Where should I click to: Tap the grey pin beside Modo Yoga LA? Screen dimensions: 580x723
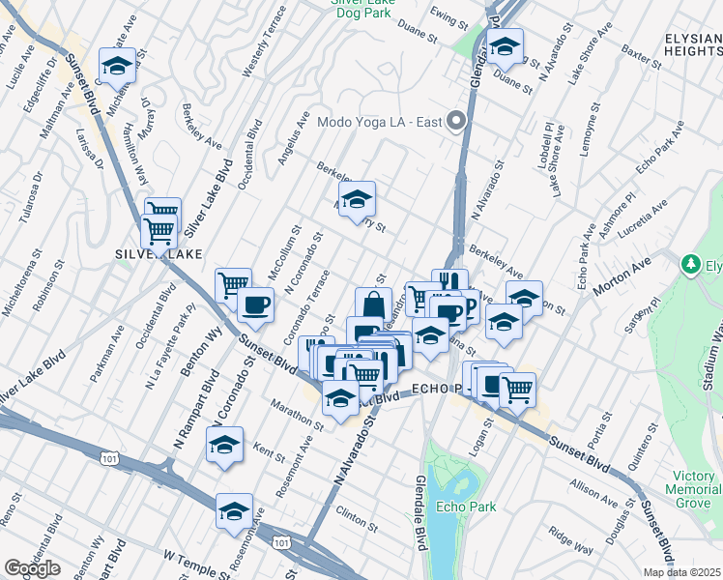457,122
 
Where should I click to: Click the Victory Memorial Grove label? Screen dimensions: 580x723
693,489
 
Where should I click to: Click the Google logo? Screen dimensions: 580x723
32,568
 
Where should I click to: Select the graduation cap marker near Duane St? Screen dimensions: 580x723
504,45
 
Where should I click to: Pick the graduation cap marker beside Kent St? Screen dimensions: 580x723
224,446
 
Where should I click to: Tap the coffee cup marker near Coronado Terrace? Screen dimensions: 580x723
255,305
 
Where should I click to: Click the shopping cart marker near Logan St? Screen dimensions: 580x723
517,390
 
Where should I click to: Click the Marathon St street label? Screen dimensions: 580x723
297,414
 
